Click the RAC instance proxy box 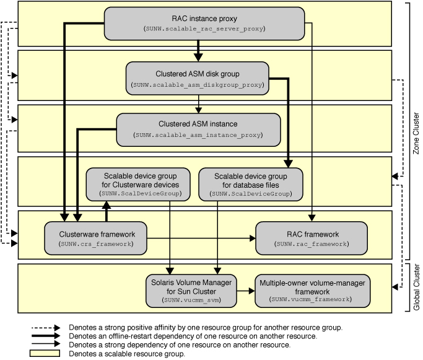point(204,24)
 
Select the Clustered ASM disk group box point(197,78)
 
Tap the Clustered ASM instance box point(198,130)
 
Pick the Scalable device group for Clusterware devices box point(138,184)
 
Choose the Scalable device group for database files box point(251,184)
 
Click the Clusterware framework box point(96,239)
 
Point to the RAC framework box point(312,239)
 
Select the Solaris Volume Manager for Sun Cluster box point(191,291)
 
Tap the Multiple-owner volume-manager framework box point(312,291)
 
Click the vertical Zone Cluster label point(416,133)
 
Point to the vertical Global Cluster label point(417,287)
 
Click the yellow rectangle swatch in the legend point(45,353)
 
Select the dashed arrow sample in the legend point(46,328)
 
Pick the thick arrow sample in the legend point(46,336)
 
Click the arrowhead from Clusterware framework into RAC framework point(253,239)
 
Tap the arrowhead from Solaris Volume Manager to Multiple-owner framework point(251,291)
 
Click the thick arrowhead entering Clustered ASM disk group point(198,58)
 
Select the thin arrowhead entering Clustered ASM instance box point(198,110)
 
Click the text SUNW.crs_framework point(96,244)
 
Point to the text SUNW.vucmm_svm point(191,300)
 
